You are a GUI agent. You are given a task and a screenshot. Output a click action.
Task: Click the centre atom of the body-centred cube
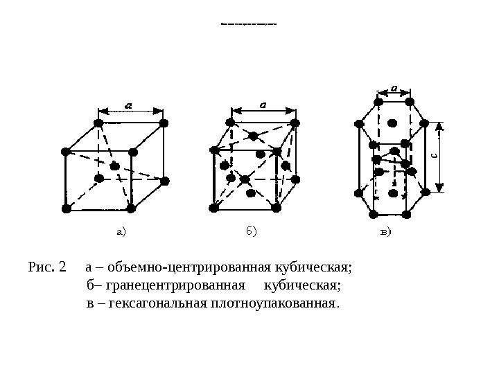click(115, 166)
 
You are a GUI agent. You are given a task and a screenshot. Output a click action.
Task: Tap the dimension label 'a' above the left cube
click(130, 105)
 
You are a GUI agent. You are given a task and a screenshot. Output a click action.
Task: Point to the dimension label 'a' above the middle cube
click(263, 104)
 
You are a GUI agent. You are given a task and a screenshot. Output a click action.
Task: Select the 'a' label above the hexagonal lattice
click(394, 88)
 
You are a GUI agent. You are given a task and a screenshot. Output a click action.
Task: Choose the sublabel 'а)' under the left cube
click(122, 232)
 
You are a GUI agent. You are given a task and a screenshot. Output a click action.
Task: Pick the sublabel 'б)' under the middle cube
click(250, 231)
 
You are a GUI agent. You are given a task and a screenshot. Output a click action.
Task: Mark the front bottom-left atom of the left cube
click(67, 208)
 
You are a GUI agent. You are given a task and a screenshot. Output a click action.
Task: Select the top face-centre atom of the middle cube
click(254, 136)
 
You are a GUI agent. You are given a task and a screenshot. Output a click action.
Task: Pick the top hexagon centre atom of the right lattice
click(393, 123)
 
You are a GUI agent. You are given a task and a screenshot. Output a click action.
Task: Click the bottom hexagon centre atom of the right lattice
click(393, 193)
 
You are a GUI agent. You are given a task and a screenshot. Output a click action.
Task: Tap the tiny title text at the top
click(249, 24)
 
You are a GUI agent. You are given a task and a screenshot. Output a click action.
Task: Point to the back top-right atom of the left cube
click(164, 123)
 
